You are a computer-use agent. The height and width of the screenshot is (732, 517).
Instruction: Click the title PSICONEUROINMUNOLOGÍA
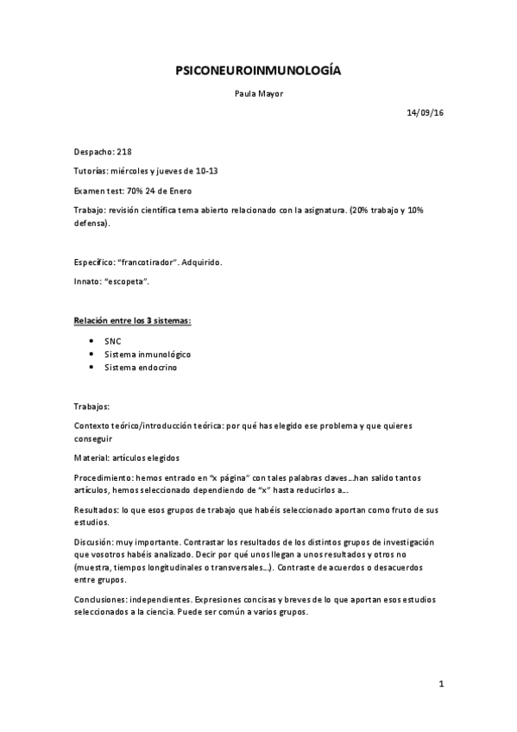tap(258, 73)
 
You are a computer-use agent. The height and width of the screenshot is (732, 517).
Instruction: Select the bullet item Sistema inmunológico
tap(147, 354)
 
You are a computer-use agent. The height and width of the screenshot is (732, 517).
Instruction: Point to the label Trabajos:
tap(92, 405)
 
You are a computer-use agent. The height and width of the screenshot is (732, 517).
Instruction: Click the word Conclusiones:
tap(103, 597)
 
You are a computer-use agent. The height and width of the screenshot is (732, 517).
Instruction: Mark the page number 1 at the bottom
tap(440, 685)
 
